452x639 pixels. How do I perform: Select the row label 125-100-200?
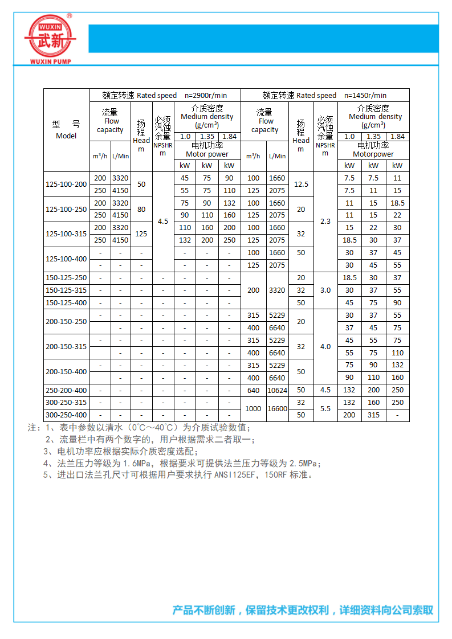click(x=66, y=185)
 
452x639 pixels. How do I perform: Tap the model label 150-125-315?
click(x=66, y=290)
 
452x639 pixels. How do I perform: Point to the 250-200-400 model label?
click(x=66, y=390)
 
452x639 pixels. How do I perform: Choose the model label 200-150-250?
click(x=66, y=322)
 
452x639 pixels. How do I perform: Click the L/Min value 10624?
click(x=277, y=390)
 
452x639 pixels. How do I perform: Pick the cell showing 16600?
click(x=277, y=409)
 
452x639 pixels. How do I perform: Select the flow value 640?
click(x=253, y=390)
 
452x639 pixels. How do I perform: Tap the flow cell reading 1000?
click(x=253, y=409)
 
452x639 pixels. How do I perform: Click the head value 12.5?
click(x=301, y=185)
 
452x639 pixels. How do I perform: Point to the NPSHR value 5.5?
click(x=325, y=409)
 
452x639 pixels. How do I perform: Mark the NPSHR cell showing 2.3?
click(x=325, y=222)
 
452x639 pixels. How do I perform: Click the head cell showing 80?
click(x=141, y=210)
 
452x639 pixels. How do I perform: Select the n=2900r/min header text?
click(x=206, y=96)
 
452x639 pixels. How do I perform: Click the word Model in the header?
click(x=66, y=136)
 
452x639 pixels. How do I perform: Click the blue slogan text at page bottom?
click(x=303, y=610)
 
